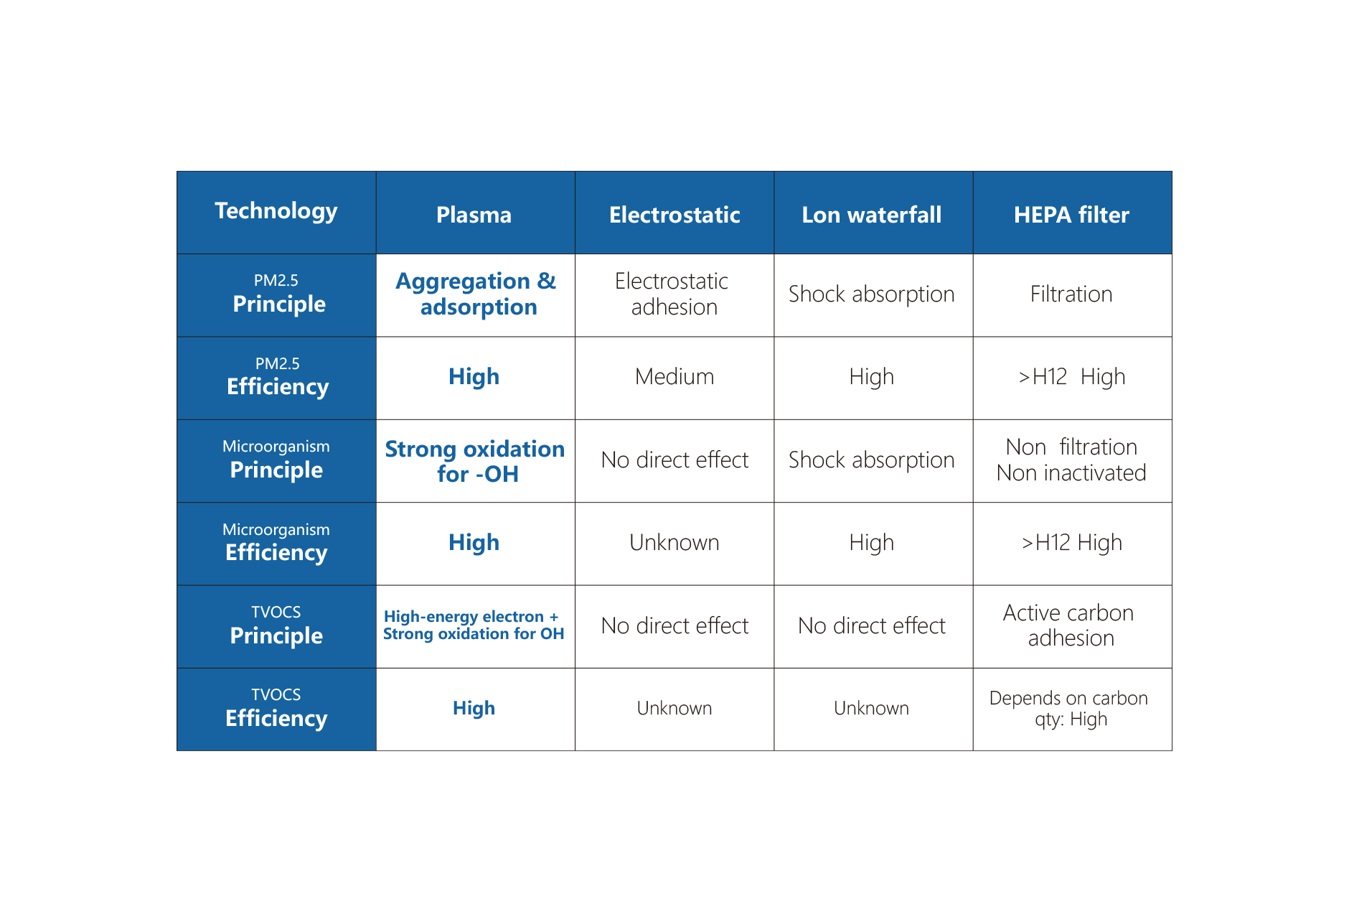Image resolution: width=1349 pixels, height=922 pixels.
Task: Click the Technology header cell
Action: coord(276,213)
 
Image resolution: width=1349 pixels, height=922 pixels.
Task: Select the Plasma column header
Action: coord(475,213)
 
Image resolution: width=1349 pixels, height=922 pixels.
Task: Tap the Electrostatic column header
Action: coord(674,213)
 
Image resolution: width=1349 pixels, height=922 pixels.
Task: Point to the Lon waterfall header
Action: coord(873,213)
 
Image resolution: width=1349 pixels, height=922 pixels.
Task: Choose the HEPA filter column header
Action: coord(1072,213)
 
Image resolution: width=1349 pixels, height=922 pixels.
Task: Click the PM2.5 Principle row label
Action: coord(276,295)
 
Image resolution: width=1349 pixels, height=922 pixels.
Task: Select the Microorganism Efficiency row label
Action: coord(276,544)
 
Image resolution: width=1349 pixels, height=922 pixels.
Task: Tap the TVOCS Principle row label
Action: coord(276,627)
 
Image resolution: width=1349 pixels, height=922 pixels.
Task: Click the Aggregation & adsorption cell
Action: coord(475,295)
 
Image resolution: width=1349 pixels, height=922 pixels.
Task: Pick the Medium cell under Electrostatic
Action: coord(674,378)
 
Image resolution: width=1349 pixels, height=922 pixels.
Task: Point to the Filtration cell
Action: coord(1072,295)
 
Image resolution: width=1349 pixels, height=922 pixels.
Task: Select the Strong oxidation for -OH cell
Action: coord(475,461)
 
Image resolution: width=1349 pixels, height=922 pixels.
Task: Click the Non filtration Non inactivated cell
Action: coord(1072,461)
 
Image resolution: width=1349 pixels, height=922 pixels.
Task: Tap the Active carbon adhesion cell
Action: coord(1072,627)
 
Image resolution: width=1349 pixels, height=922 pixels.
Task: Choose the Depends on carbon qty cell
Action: coord(1072,709)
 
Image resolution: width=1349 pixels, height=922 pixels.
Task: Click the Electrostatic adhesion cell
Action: coord(674,295)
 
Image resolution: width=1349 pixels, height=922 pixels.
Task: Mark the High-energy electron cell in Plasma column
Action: coord(475,627)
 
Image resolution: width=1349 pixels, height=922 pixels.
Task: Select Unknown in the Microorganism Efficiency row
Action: coord(674,544)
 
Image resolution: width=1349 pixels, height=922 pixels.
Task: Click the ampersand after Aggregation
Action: coord(547,281)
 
